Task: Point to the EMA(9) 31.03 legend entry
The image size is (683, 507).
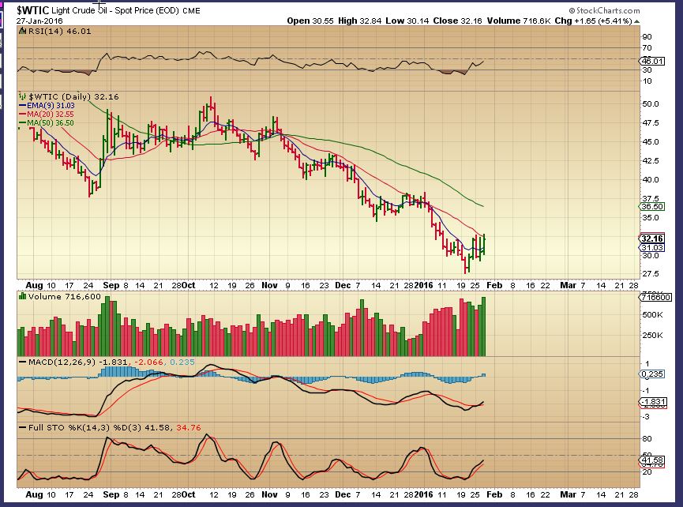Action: click(x=49, y=105)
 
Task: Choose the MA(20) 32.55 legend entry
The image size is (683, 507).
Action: click(x=49, y=114)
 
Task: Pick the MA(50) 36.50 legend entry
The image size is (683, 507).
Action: click(x=49, y=122)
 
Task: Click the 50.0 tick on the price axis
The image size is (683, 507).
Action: click(x=651, y=103)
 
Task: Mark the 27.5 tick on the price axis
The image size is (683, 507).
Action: click(x=651, y=274)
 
